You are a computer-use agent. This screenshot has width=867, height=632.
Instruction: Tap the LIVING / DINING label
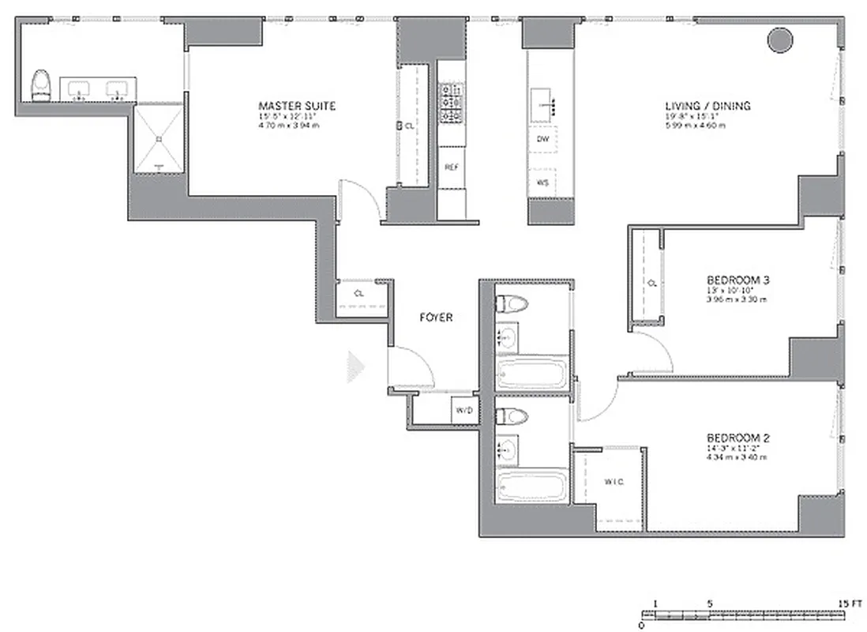point(707,106)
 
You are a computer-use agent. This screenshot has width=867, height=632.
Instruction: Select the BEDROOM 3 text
point(738,280)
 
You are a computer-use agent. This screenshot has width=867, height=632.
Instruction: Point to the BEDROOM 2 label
point(738,438)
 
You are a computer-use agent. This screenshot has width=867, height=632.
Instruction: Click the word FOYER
point(435,318)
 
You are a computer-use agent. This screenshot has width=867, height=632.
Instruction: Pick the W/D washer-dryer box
point(463,410)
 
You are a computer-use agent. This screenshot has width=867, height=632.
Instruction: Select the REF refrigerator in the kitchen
point(452,167)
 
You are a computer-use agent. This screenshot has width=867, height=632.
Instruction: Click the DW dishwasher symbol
point(542,139)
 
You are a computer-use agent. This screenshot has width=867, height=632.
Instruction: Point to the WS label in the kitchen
point(542,182)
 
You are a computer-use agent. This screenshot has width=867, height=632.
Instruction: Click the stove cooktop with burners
point(451,103)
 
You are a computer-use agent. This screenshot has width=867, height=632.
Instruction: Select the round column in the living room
point(781,39)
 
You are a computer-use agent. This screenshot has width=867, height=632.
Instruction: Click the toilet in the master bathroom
point(40,85)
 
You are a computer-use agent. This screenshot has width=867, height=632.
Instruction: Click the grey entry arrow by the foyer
point(356,366)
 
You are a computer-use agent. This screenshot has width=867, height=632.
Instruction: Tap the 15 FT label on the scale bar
point(850,603)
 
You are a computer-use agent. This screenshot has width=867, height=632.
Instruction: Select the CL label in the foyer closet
point(359,293)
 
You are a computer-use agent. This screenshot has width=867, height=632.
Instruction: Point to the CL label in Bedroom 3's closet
point(652,282)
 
